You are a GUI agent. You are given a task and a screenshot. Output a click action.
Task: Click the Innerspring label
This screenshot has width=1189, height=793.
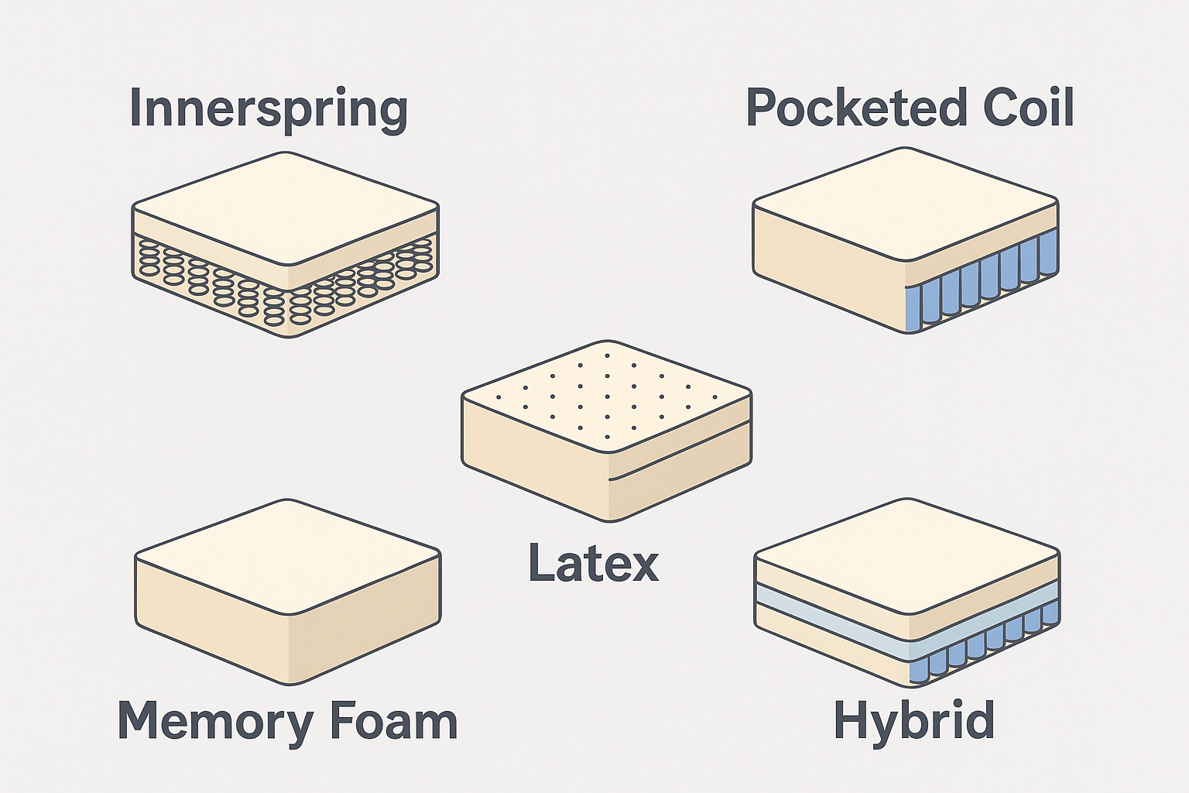click(269, 109)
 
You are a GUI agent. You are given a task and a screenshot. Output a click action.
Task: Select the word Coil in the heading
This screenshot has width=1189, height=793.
click(1028, 107)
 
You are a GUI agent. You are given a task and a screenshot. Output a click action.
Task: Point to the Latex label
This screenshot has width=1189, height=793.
click(594, 562)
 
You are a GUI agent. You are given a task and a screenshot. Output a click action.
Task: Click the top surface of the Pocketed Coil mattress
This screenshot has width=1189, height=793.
click(906, 204)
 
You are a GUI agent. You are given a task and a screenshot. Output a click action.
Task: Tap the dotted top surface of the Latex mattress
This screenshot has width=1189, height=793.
click(607, 396)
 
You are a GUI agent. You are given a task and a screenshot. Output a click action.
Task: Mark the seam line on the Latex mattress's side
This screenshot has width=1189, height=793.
click(680, 451)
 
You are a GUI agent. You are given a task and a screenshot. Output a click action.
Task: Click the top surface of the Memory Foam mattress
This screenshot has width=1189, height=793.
click(288, 556)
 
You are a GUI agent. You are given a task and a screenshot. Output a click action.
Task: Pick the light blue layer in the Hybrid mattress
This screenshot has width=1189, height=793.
click(907, 620)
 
